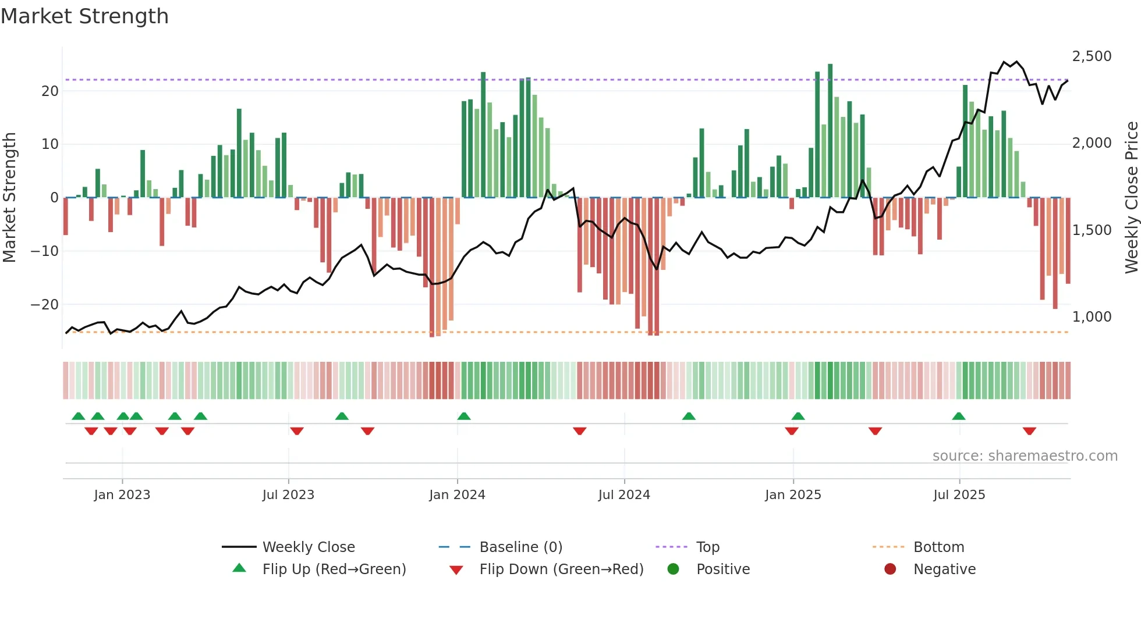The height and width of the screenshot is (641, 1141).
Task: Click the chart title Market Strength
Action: pyautogui.click(x=84, y=16)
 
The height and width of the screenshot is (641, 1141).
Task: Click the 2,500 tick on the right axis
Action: pyautogui.click(x=1092, y=56)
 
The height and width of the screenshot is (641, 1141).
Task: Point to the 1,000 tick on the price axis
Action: pyautogui.click(x=1092, y=317)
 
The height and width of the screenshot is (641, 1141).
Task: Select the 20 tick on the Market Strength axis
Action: pyautogui.click(x=49, y=91)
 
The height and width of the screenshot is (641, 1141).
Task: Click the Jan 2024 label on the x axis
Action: pyautogui.click(x=457, y=495)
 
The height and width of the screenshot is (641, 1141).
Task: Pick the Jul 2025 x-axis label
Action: pyautogui.click(x=959, y=495)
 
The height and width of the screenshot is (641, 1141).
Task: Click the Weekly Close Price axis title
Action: pyautogui.click(x=1131, y=198)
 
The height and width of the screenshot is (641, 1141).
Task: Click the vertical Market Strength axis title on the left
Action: pyautogui.click(x=10, y=198)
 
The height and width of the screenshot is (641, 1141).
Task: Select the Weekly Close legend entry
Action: pyautogui.click(x=308, y=547)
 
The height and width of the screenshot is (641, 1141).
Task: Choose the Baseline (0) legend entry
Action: pyautogui.click(x=520, y=547)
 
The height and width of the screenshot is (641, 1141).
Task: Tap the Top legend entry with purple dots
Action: pyautogui.click(x=707, y=547)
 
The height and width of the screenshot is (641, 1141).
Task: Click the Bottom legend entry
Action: pyautogui.click(x=938, y=547)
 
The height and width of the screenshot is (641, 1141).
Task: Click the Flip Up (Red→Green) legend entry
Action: pyautogui.click(x=334, y=569)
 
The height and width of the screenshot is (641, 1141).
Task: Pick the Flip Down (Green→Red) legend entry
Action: pyautogui.click(x=561, y=569)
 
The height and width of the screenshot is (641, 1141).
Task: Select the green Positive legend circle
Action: pyautogui.click(x=674, y=569)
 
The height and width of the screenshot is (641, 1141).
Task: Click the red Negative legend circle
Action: pyautogui.click(x=890, y=569)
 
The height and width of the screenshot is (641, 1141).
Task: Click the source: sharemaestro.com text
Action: pyautogui.click(x=1025, y=456)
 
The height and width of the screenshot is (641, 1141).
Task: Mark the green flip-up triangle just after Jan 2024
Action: pyautogui.click(x=464, y=416)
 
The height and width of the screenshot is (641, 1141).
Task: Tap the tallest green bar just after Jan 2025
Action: pyautogui.click(x=830, y=131)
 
